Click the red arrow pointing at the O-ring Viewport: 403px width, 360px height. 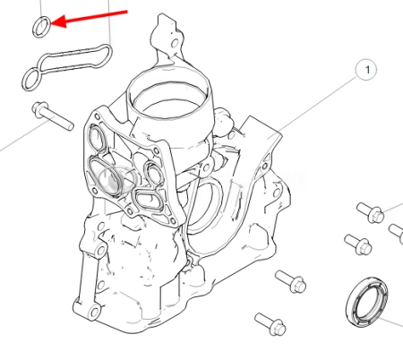89,18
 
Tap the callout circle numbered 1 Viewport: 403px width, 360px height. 366,70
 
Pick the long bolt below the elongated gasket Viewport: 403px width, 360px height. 52,116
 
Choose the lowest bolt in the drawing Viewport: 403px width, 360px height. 270,323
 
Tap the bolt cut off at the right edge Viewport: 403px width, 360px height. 396,232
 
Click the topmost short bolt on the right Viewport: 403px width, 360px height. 371,212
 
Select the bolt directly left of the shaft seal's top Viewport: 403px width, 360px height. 291,281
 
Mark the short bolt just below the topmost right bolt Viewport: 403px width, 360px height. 358,244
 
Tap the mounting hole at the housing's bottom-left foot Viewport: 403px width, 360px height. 95,313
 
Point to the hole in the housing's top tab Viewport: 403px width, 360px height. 175,44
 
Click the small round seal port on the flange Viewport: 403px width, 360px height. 154,173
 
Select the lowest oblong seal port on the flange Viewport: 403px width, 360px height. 149,199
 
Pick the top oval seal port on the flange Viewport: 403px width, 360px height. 96,138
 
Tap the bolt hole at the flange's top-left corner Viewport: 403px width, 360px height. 97,116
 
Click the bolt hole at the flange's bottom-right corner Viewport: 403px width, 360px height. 172,221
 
